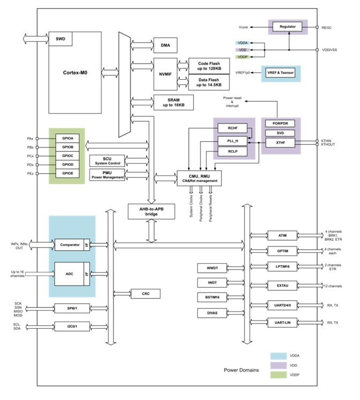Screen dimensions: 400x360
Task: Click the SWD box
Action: (x=61, y=40)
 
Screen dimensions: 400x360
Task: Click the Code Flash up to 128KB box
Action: (x=209, y=66)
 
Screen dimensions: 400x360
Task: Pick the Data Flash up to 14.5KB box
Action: (x=209, y=82)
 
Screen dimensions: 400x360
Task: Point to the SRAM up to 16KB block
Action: (x=173, y=102)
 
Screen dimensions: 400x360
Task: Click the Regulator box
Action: (x=287, y=26)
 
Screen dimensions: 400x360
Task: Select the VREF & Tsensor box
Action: (x=281, y=73)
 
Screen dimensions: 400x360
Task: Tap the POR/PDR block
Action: (x=280, y=124)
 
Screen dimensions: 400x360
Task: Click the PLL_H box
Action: (x=233, y=141)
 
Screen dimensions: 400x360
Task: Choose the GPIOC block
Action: (x=67, y=156)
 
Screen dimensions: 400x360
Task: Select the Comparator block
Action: (x=70, y=244)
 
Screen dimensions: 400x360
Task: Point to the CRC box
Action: (x=145, y=294)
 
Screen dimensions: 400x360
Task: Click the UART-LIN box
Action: (x=282, y=323)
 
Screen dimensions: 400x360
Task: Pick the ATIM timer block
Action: (x=282, y=236)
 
